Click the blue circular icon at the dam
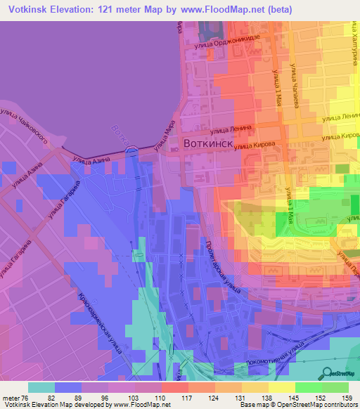(x=131, y=150)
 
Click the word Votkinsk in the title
(x=30, y=9)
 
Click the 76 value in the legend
(x=25, y=397)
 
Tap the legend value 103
(x=135, y=397)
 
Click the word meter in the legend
(x=9, y=397)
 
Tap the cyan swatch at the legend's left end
(x=41, y=387)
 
